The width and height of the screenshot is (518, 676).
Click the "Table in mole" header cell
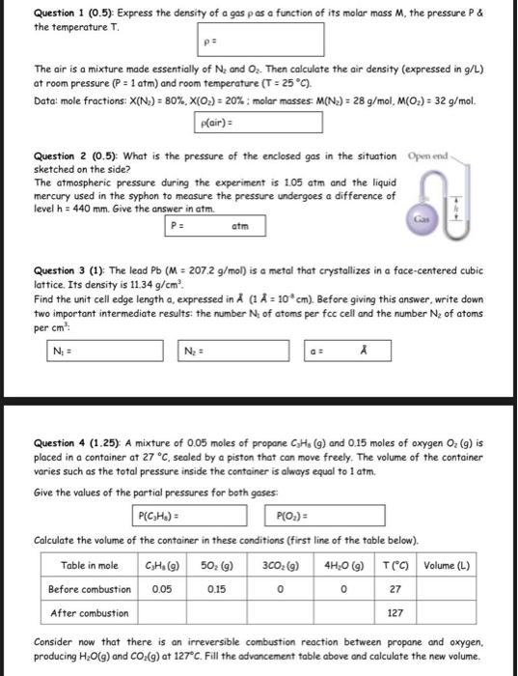click(x=90, y=565)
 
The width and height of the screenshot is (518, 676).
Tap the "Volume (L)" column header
click(x=447, y=565)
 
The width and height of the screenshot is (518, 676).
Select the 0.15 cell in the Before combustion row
click(x=216, y=588)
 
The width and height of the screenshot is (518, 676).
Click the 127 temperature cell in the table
click(x=395, y=613)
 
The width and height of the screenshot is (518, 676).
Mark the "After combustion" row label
click(x=90, y=613)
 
